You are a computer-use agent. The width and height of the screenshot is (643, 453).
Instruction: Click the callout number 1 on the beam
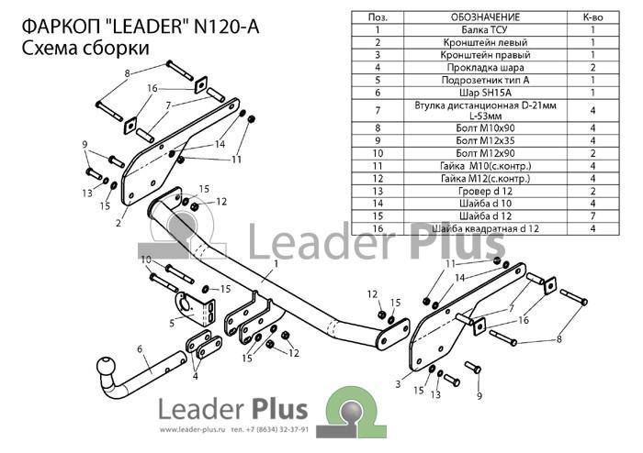pos(276,263)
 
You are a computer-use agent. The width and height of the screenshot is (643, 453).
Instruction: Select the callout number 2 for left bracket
pos(118,223)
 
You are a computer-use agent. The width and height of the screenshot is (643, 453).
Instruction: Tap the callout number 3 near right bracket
pos(398,384)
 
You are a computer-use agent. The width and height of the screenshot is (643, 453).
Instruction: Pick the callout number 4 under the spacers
pos(195,376)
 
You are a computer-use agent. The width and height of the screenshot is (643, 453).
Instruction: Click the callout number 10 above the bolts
pos(146,260)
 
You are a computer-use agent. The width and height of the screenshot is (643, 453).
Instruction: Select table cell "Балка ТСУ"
pos(485,30)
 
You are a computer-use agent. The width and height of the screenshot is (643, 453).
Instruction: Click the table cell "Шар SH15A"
pos(485,93)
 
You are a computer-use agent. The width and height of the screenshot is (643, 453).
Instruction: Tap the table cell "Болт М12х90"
pos(485,153)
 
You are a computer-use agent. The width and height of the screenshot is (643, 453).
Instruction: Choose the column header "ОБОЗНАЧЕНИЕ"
pos(485,17)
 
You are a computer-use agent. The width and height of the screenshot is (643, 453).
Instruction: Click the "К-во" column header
pos(592,17)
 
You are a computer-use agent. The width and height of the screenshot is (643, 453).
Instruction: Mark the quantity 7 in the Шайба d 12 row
pos(592,215)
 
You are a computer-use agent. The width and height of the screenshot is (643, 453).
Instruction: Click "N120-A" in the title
pos(226,27)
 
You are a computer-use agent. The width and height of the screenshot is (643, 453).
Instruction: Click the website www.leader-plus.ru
pos(193,430)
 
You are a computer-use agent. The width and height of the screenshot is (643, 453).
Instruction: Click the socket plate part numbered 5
pos(194,309)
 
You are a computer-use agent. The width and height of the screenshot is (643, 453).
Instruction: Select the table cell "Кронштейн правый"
pos(485,55)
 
